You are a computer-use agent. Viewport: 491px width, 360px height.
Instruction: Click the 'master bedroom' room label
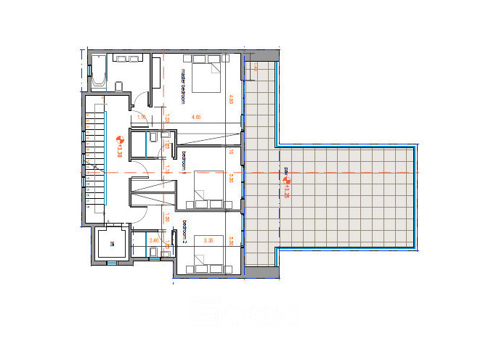click(x=183, y=86)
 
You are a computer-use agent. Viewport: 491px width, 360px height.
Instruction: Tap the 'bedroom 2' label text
click(x=184, y=232)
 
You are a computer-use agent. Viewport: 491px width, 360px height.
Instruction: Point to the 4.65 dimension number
click(x=195, y=117)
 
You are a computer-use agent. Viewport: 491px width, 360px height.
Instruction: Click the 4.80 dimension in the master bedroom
click(x=231, y=100)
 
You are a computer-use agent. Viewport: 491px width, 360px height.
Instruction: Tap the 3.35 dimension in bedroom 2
click(x=209, y=240)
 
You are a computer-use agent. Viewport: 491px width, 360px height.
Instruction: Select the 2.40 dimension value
click(x=153, y=240)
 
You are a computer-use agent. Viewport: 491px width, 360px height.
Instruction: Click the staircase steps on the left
click(x=94, y=160)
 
